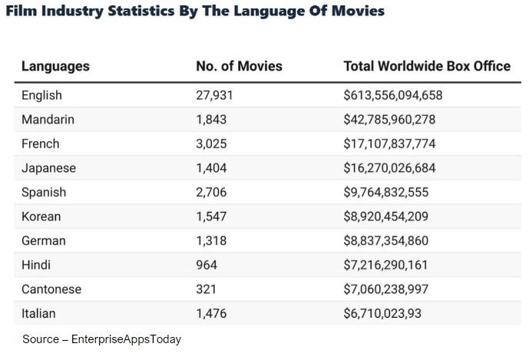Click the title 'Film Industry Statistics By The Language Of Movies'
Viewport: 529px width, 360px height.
(x=195, y=11)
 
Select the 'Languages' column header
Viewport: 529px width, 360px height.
(x=55, y=66)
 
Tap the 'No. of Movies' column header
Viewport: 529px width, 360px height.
(x=239, y=66)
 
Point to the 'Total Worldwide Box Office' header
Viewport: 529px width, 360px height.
(x=427, y=66)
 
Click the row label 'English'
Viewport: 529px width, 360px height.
(x=41, y=95)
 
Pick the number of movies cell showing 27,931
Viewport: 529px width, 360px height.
(x=214, y=95)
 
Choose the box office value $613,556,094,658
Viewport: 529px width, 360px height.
(x=393, y=95)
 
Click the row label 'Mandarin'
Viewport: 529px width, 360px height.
(x=48, y=120)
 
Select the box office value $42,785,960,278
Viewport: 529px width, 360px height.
(x=389, y=120)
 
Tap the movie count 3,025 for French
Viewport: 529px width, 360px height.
(x=211, y=144)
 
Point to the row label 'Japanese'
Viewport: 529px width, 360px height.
(x=48, y=168)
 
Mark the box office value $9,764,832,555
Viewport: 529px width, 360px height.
(x=386, y=192)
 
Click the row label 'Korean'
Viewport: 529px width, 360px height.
(x=41, y=216)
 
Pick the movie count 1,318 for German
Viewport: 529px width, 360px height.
(x=211, y=240)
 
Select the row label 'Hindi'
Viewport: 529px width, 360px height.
(x=36, y=265)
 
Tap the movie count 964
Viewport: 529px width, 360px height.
(x=207, y=265)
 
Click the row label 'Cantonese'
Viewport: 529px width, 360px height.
(x=51, y=289)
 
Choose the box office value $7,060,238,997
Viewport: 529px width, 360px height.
(x=386, y=289)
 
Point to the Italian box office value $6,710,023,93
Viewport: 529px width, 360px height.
(x=382, y=313)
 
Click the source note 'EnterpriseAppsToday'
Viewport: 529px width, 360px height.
(x=126, y=339)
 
